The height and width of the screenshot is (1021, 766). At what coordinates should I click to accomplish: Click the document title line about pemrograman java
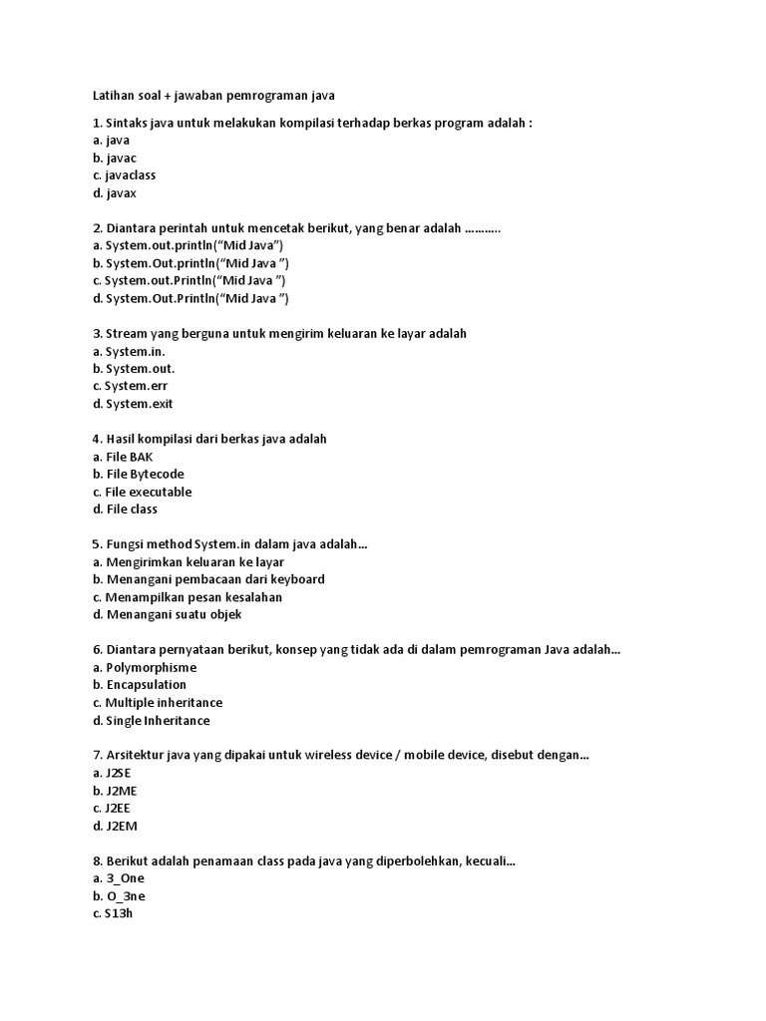(213, 96)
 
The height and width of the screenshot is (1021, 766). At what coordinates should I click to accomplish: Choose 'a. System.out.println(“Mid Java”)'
(188, 245)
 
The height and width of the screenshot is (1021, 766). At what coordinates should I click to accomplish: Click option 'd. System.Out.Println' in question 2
(191, 298)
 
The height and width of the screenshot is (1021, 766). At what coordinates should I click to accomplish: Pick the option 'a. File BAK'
(123, 457)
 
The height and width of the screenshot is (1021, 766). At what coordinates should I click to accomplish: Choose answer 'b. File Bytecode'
(138, 475)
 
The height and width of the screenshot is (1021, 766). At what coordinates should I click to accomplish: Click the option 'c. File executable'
(142, 492)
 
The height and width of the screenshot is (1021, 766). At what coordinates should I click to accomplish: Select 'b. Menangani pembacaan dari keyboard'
(208, 579)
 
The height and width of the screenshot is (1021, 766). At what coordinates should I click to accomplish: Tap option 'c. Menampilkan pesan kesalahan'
(187, 597)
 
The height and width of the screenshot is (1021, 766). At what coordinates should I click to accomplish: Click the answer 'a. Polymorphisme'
(144, 667)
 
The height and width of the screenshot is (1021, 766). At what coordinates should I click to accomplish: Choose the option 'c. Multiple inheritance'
(157, 703)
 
